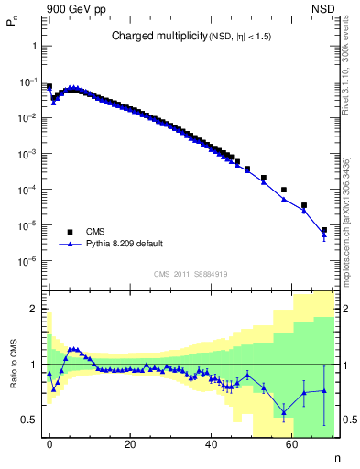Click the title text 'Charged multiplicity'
point(149,36)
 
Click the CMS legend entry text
point(94,232)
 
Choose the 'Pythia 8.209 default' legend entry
point(125,245)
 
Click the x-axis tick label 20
point(130,443)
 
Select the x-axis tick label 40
point(211,443)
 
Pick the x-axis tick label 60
point(291,443)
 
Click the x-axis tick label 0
point(49,443)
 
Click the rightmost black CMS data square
point(324,230)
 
